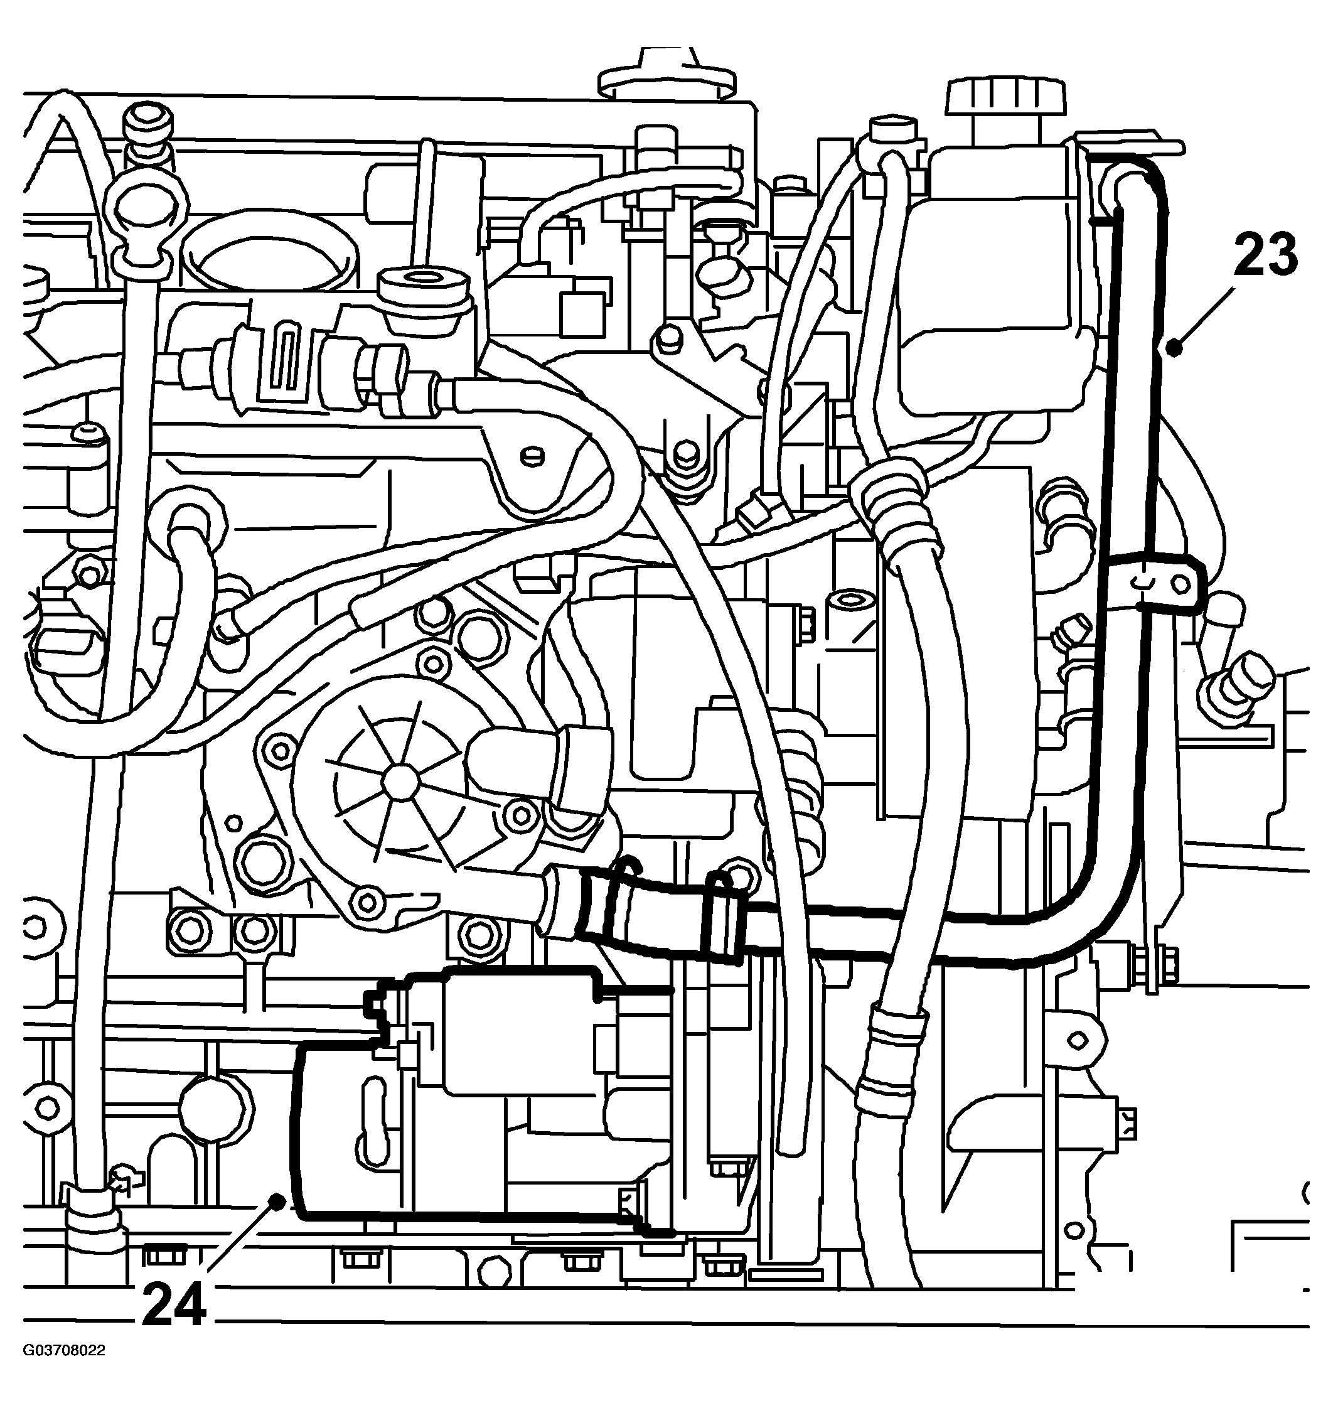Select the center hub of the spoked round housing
[399, 781]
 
